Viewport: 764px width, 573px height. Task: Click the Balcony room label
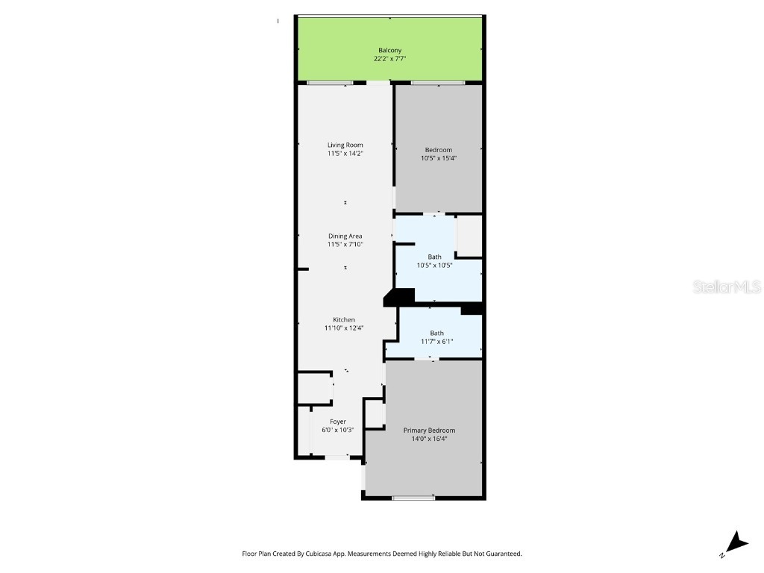[x=389, y=50]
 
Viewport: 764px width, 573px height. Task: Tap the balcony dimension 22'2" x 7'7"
[x=389, y=58]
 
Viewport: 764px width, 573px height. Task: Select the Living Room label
[x=345, y=145]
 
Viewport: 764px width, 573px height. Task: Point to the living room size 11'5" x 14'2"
[x=345, y=153]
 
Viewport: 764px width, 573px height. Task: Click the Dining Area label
[x=345, y=236]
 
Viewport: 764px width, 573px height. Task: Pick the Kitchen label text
[x=344, y=319]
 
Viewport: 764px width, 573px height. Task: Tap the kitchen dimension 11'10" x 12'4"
[x=344, y=328]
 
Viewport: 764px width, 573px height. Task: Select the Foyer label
[x=338, y=422]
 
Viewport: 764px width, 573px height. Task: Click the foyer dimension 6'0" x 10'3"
[x=338, y=430]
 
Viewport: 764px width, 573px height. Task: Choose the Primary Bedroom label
[x=429, y=430]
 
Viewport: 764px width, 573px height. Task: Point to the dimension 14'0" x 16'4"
[x=429, y=439]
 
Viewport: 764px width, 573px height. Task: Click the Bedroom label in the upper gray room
[x=438, y=150]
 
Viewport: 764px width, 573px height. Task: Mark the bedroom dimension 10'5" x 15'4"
[x=438, y=158]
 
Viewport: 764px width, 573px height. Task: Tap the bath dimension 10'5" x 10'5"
[x=434, y=265]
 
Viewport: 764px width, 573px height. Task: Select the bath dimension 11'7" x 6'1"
[x=436, y=342]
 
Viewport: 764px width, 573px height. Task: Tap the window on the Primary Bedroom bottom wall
[x=413, y=498]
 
